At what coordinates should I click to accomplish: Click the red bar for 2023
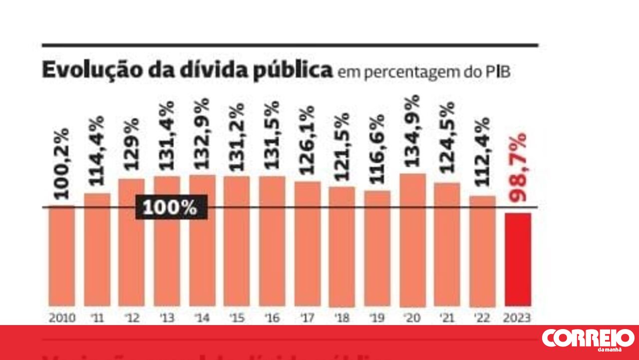(518, 259)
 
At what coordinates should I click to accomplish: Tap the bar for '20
(413, 240)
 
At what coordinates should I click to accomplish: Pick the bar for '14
(202, 240)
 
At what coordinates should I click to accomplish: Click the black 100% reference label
(171, 207)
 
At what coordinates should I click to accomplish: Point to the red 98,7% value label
(519, 167)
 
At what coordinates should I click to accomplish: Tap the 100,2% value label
(61, 164)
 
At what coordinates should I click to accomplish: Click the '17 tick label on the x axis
(308, 318)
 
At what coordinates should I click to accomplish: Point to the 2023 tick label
(518, 318)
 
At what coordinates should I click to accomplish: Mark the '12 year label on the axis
(132, 318)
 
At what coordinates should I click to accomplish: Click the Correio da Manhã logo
(588, 340)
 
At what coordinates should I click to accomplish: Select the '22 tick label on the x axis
(483, 318)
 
